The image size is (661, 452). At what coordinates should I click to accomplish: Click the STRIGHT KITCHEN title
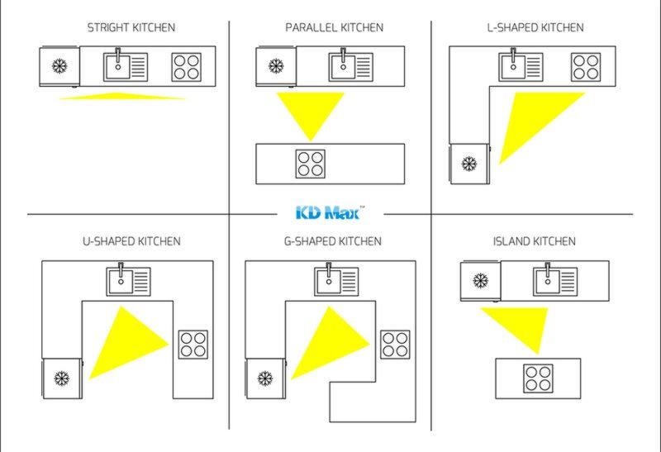coord(131,28)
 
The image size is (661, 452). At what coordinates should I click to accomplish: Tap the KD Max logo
coord(330,212)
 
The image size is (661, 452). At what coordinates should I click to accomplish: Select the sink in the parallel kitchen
coord(350,67)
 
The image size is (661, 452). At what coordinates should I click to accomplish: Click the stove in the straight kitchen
coord(187,67)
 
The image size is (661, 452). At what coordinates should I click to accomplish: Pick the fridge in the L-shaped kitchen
coord(469,164)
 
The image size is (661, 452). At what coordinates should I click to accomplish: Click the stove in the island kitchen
coord(538,378)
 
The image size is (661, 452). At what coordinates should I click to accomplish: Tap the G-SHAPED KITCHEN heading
coord(333,241)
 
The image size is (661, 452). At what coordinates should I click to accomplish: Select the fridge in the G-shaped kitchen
coord(265,378)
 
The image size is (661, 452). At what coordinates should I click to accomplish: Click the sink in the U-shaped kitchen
coord(129,281)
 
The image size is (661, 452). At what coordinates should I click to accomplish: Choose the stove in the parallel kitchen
coord(311,164)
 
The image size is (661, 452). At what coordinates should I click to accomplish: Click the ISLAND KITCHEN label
coord(534,241)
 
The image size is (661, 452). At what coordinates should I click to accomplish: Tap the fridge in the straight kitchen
coord(59,66)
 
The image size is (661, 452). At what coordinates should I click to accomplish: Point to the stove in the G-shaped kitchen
coord(395,345)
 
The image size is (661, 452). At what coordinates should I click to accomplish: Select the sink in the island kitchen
coord(555,281)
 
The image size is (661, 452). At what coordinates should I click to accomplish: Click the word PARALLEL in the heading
coord(311,28)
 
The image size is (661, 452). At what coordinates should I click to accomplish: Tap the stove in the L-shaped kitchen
coord(586,67)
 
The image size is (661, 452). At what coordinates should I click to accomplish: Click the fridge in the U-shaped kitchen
coord(62,378)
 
